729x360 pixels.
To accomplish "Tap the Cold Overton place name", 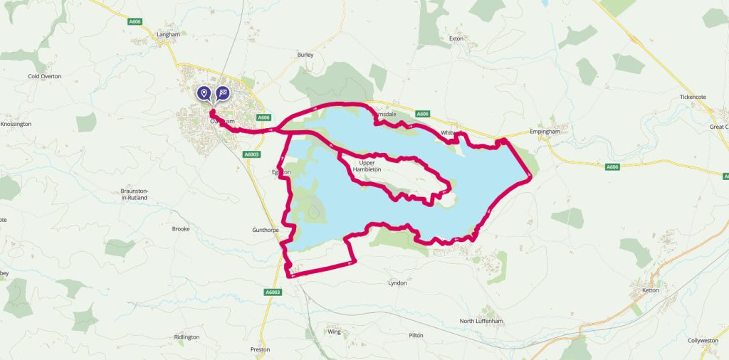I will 45,76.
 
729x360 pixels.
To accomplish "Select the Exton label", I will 456,38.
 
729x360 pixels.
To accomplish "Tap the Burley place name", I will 305,54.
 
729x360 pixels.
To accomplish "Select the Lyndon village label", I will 397,283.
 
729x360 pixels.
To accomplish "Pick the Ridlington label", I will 187,337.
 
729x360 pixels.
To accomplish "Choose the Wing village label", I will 335,332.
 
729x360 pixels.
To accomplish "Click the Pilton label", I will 416,335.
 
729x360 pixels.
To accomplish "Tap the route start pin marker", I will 204,93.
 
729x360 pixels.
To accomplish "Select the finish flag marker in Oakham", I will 223,93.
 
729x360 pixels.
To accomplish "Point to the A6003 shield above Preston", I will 273,292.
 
